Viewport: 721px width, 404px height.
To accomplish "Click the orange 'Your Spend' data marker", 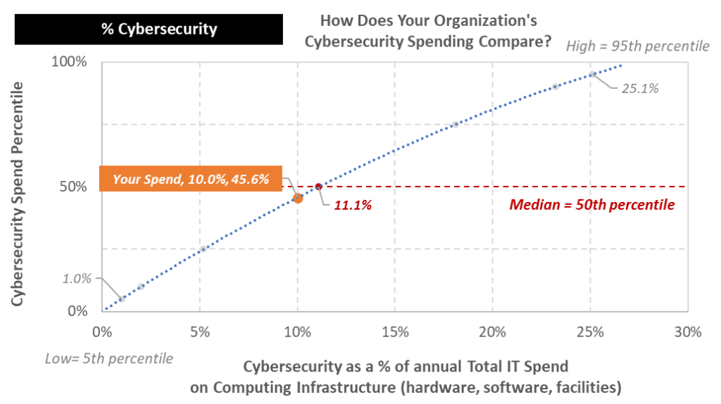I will (297, 198).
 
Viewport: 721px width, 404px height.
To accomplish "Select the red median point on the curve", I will (318, 187).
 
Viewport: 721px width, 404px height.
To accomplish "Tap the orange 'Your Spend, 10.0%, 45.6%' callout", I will (191, 179).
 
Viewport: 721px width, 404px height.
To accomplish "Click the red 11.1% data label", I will (353, 206).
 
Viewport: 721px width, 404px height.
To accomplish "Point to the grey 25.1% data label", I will (639, 89).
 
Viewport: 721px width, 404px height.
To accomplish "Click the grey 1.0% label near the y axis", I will (77, 278).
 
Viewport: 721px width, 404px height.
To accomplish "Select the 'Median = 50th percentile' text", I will (591, 206).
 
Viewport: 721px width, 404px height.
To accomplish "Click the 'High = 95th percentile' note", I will (637, 46).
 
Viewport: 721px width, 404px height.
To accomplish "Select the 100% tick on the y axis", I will (70, 62).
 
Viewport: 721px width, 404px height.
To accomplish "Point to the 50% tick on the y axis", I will (73, 187).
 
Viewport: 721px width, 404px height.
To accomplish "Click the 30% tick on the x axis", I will (686, 332).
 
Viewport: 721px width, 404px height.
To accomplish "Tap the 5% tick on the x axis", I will (200, 332).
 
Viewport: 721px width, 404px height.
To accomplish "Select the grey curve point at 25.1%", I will (592, 74).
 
